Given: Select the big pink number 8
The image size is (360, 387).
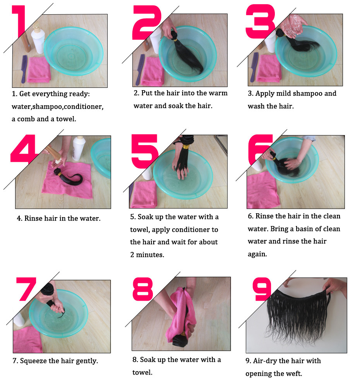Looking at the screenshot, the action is (143, 289).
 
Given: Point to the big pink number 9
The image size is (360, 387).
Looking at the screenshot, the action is (262, 289).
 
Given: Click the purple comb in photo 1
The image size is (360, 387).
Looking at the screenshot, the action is (24, 69).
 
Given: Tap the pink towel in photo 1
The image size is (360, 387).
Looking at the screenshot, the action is (39, 70).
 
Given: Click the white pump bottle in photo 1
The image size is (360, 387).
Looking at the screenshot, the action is (38, 39).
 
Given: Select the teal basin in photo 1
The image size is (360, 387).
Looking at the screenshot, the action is (74, 51).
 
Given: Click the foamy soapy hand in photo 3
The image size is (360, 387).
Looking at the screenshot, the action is (293, 26).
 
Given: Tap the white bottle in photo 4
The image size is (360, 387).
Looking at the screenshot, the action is (79, 148).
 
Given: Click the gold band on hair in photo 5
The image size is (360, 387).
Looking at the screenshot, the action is (186, 147).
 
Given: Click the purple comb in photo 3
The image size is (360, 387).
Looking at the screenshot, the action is (254, 67).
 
